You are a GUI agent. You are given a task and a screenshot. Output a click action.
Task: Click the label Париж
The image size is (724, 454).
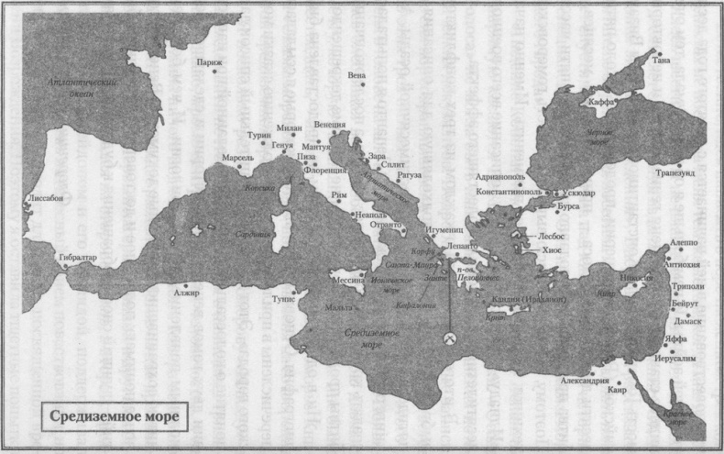[x=209, y=62]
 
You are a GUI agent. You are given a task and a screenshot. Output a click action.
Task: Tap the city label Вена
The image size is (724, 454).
[x=358, y=76]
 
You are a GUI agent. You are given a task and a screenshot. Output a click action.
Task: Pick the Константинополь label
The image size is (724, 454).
[x=510, y=192]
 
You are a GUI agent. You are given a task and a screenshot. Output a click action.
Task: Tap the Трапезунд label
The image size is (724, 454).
[x=676, y=172]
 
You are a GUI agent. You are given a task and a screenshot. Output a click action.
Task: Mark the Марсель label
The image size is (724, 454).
[x=237, y=158]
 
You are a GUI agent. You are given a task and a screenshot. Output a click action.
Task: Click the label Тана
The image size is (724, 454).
[x=662, y=61]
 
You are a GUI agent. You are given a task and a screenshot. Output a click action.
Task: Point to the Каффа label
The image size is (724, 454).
[x=602, y=103]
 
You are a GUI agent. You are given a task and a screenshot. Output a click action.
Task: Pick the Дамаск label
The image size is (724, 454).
[x=686, y=321]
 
